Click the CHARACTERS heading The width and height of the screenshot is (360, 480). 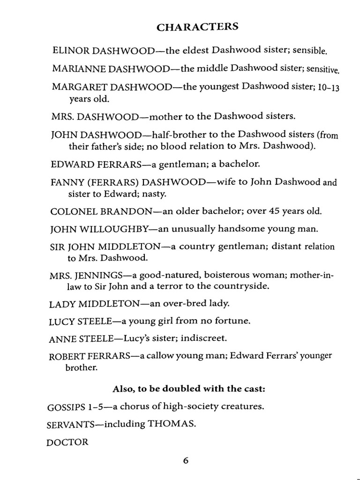[x=197, y=27]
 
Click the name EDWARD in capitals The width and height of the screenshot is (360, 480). [x=70, y=165]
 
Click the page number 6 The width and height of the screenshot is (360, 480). [x=186, y=461]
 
